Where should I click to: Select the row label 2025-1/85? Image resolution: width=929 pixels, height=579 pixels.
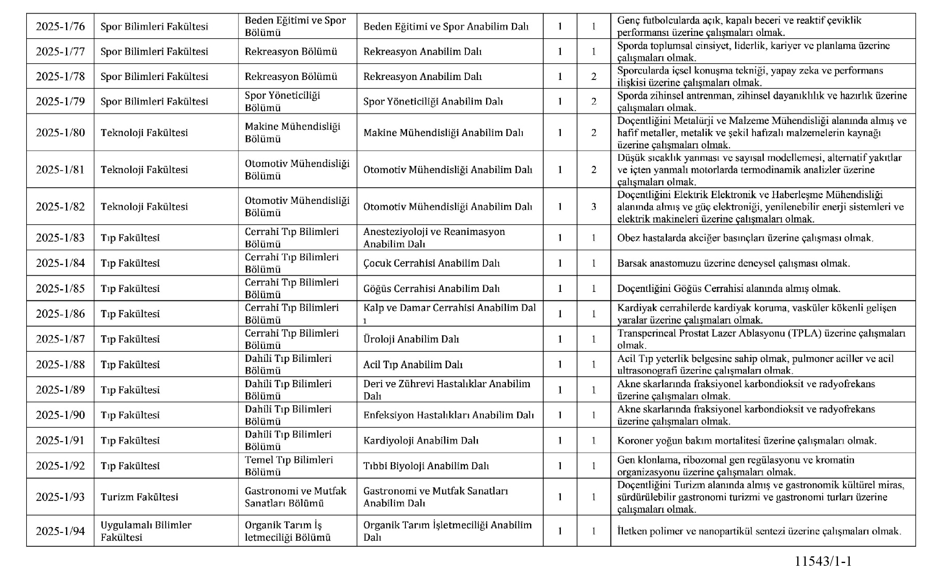pos(60,288)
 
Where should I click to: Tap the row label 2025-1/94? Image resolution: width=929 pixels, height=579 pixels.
pos(60,531)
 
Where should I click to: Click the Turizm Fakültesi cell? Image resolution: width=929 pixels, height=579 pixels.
pos(139,497)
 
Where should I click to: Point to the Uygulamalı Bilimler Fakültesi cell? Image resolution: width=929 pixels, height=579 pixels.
pos(146,531)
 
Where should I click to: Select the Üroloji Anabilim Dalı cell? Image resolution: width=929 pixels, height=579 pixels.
pos(411,339)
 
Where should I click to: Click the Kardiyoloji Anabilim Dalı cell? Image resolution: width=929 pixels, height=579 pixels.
pos(421,440)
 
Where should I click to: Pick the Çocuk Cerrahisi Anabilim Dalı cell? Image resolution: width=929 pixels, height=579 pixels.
pos(431,263)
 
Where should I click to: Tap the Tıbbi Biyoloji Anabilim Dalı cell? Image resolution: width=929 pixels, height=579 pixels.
pos(426,466)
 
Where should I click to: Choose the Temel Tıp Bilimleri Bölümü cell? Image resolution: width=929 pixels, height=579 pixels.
pos(289,466)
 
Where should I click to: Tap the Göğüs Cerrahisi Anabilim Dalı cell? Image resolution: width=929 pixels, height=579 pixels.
pos(431,288)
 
